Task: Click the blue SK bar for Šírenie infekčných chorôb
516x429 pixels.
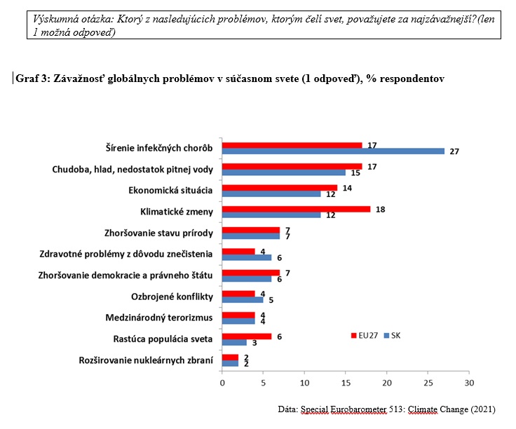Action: click(x=333, y=151)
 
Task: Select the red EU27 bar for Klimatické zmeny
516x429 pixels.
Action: click(x=296, y=208)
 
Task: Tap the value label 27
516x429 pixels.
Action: click(x=454, y=151)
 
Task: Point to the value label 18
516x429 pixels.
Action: click(x=381, y=208)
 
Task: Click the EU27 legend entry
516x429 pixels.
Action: click(x=365, y=335)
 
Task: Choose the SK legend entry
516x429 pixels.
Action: click(x=394, y=335)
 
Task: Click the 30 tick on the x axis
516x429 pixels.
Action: click(x=469, y=383)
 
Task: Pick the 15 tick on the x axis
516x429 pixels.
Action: click(x=346, y=383)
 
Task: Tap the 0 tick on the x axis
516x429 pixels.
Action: click(x=222, y=383)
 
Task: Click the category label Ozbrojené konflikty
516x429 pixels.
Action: click(x=172, y=297)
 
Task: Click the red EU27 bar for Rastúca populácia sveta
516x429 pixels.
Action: click(x=247, y=336)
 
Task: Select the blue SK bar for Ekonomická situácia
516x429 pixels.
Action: click(x=271, y=193)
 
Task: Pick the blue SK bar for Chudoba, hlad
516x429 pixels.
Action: click(x=284, y=172)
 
